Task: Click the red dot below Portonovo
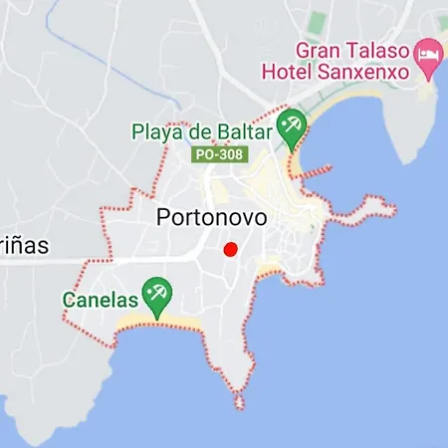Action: [x=230, y=249]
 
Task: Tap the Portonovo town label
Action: [x=211, y=219]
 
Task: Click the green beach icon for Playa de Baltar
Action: [x=292, y=126]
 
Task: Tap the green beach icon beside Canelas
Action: [x=156, y=294]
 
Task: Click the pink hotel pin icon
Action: [x=429, y=55]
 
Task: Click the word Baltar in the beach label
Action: [x=242, y=130]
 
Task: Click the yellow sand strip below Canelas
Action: [x=159, y=323]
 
